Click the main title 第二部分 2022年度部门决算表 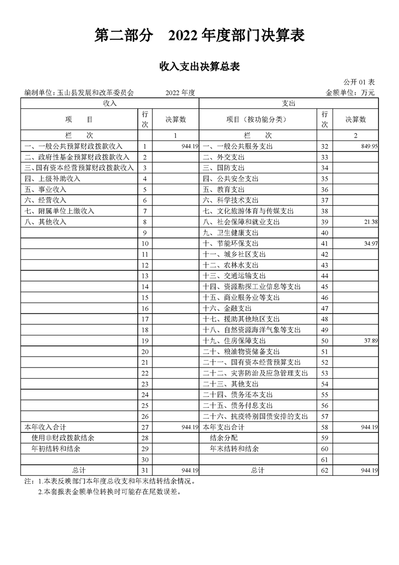point(199,36)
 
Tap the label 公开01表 point(359,82)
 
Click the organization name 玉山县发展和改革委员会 point(95,93)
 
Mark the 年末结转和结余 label point(234,449)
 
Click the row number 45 point(325,287)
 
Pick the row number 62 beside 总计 point(325,470)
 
